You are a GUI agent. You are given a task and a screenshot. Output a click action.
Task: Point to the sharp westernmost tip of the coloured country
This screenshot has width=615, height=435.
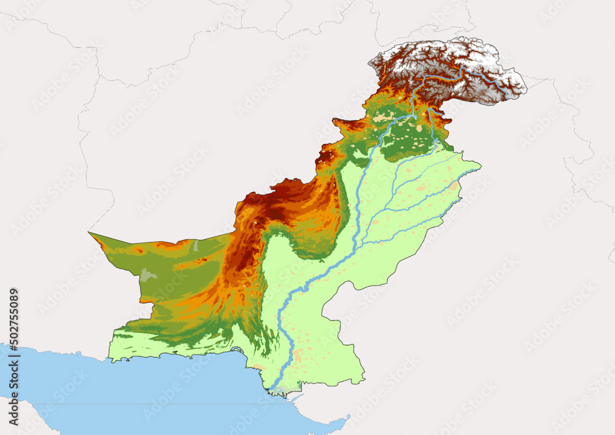pos(89,233)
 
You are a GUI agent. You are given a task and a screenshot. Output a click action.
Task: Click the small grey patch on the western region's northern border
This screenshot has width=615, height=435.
pos(196,245)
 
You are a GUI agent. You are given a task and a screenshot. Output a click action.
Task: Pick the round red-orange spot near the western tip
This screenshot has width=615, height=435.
pos(140,250)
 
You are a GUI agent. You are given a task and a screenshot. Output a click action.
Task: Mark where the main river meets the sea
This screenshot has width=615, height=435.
pos(273,389)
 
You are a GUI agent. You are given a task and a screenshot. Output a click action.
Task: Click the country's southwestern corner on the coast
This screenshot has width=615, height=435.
pos(110,359)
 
